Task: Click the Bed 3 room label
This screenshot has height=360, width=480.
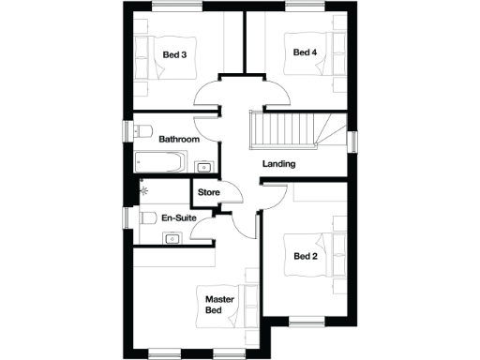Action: tap(174, 54)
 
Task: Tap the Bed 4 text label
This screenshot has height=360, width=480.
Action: tap(305, 52)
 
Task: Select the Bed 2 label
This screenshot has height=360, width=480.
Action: tap(305, 256)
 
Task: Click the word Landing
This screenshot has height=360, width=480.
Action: tap(278, 164)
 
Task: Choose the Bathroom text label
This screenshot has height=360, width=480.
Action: tap(178, 139)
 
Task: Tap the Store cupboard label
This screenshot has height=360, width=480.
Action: tap(208, 193)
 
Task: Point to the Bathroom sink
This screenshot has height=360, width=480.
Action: tap(203, 167)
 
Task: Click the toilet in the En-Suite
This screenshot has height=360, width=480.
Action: tap(144, 217)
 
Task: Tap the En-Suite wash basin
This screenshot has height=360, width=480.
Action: tap(171, 238)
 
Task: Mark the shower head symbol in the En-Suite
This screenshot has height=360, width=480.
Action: tap(142, 188)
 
